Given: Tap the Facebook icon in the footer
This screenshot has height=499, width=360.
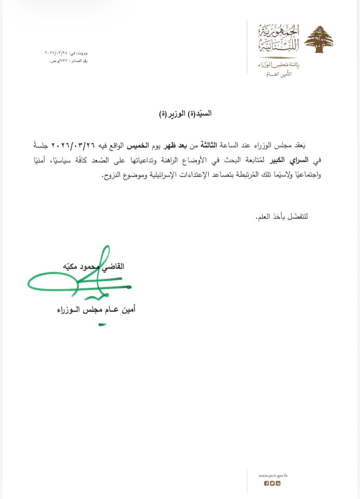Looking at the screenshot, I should click(x=266, y=483).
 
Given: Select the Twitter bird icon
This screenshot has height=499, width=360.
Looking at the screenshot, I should click(x=272, y=483).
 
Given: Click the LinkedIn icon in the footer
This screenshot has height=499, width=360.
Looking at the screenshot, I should click(x=278, y=483).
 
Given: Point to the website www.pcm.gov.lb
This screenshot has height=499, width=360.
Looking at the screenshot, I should click(x=273, y=476).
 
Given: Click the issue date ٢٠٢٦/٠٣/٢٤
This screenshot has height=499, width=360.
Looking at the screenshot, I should click(x=56, y=53).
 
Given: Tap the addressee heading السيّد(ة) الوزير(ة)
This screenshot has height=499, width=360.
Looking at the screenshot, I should click(x=185, y=114).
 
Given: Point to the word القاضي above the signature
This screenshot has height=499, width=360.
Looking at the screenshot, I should click(x=114, y=266).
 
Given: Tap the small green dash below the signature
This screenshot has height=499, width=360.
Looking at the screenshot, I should click(x=102, y=325).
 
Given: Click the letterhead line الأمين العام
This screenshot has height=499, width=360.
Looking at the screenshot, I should click(x=280, y=75).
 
